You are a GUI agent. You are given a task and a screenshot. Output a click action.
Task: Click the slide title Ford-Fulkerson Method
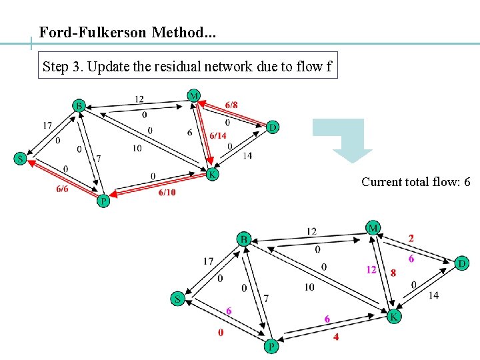pyautogui.click(x=127, y=32)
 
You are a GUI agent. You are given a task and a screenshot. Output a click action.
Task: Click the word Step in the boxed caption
pyautogui.click(x=55, y=66)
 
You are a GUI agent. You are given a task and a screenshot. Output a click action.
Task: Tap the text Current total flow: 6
pyautogui.click(x=415, y=181)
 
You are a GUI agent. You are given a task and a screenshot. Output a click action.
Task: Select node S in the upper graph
pyautogui.click(x=21, y=159)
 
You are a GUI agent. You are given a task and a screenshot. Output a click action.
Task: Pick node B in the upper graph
pyautogui.click(x=79, y=105)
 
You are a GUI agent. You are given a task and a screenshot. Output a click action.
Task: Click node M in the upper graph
pyautogui.click(x=193, y=96)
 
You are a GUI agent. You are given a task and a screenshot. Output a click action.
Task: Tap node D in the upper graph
pyautogui.click(x=272, y=127)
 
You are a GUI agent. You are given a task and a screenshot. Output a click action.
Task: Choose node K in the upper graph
pyautogui.click(x=212, y=174)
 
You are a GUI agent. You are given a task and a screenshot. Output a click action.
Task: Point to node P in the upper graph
pyautogui.click(x=103, y=201)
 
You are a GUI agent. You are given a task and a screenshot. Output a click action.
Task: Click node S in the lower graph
pyautogui.click(x=177, y=299)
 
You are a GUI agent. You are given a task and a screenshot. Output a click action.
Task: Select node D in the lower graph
pyautogui.click(x=461, y=264)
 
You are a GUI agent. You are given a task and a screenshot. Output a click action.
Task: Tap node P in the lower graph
pyautogui.click(x=271, y=346)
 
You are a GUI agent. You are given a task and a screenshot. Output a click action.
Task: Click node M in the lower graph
pyautogui.click(x=372, y=228)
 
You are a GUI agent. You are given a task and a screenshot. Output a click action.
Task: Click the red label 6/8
pyautogui.click(x=231, y=105)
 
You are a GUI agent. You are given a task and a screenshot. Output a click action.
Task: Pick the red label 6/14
pyautogui.click(x=218, y=135)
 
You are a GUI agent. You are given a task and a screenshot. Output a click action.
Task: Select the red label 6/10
pyautogui.click(x=167, y=193)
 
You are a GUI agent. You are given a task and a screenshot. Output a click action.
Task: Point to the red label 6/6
pyautogui.click(x=62, y=189)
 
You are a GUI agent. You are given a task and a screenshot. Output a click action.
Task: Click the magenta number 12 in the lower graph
pyautogui.click(x=371, y=269)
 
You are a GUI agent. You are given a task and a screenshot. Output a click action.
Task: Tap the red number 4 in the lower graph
pyautogui.click(x=336, y=337)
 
